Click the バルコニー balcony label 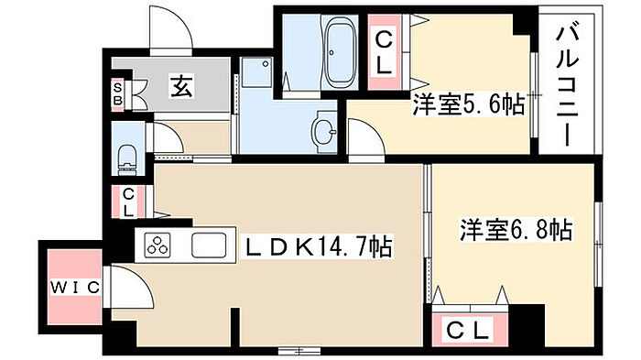[x=568, y=85]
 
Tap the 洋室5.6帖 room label [x=469, y=105]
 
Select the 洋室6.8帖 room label [x=516, y=230]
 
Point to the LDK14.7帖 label [x=318, y=246]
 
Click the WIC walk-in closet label [x=75, y=288]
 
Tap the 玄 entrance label [x=181, y=86]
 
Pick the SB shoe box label [x=118, y=93]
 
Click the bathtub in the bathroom [x=340, y=52]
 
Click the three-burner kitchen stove [x=157, y=245]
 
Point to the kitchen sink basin [x=209, y=245]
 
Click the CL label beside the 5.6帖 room [x=385, y=54]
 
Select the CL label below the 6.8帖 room [x=468, y=330]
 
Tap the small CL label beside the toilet [x=128, y=203]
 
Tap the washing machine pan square [x=256, y=72]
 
